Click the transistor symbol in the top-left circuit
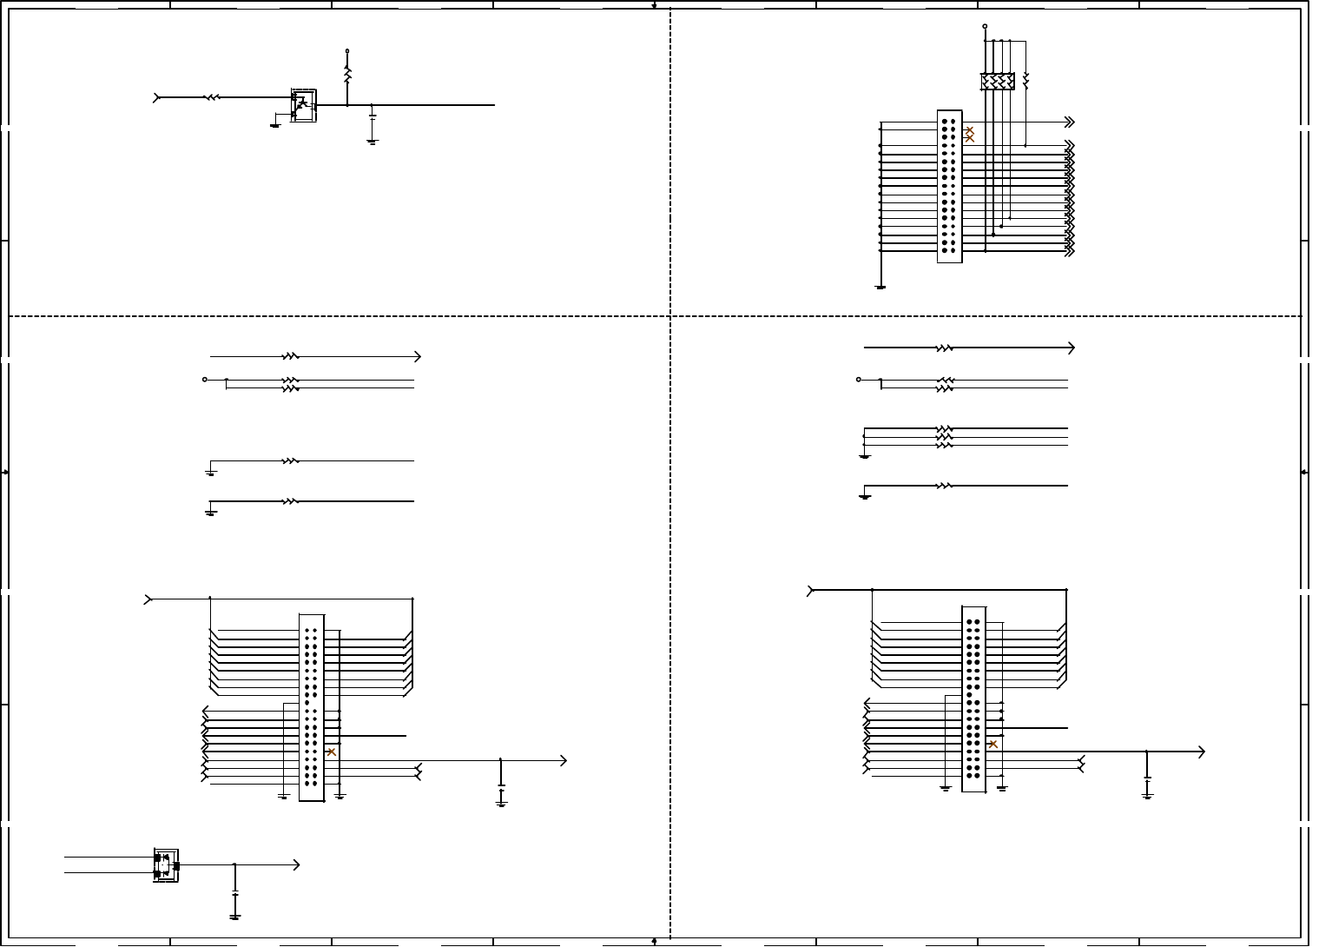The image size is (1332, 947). point(303,105)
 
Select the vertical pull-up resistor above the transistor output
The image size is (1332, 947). point(347,76)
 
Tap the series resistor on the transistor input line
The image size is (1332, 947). point(212,98)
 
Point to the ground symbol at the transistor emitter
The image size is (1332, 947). point(275,124)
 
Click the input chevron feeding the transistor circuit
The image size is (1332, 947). point(157,98)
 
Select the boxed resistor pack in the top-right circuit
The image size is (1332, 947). point(998,82)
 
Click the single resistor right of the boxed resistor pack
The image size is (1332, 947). point(1025,81)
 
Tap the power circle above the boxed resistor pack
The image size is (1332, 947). point(985,26)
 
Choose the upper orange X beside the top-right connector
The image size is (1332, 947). point(970,130)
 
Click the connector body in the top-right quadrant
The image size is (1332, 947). point(949,186)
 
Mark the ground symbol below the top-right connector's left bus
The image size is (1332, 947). point(880,286)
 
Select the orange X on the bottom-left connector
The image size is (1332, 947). point(332,752)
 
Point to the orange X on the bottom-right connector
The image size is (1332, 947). point(993,744)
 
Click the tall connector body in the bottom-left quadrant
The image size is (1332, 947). point(311,707)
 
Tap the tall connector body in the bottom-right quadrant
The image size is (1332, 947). point(974,699)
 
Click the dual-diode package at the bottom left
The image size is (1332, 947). point(166,865)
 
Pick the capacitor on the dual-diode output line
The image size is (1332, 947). point(234,892)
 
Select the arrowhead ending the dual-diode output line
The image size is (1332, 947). point(296,864)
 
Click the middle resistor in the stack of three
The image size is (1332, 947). point(945,437)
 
